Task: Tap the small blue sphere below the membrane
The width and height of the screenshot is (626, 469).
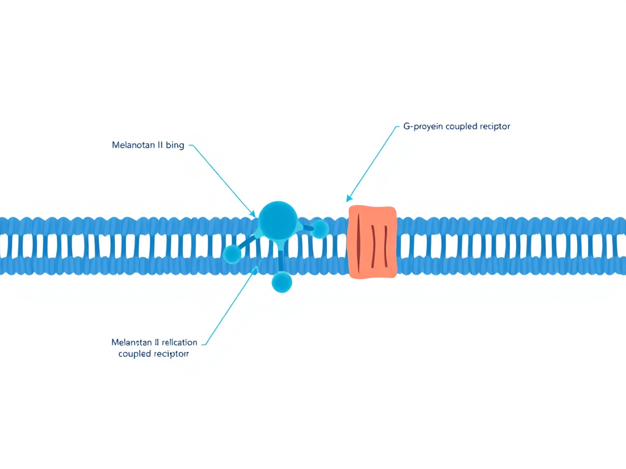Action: pyautogui.click(x=282, y=282)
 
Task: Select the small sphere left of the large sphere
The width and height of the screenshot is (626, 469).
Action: pyautogui.click(x=233, y=253)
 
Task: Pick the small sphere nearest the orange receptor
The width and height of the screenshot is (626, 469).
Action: pyautogui.click(x=320, y=229)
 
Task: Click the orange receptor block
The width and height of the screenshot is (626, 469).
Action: pyautogui.click(x=372, y=241)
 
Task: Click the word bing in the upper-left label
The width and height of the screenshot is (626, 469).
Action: pyautogui.click(x=174, y=145)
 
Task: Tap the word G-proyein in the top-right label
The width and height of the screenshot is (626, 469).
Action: pyautogui.click(x=423, y=126)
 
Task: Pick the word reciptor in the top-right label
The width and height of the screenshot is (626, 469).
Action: pyautogui.click(x=496, y=126)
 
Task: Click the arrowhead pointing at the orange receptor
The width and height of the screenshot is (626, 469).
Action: pyautogui.click(x=349, y=198)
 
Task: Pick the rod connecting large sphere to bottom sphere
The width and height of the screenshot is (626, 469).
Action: pyautogui.click(x=281, y=260)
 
